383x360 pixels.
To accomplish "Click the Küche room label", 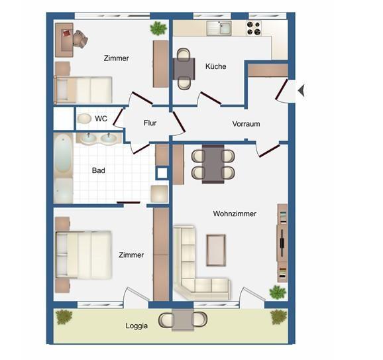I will pyautogui.click(x=215, y=66).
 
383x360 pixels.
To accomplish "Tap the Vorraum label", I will pyautogui.click(x=246, y=124).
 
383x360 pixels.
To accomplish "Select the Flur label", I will pyautogui.click(x=150, y=123).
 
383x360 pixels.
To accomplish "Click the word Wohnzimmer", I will pyautogui.click(x=235, y=213).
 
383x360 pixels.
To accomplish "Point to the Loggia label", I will pyautogui.click(x=137, y=326).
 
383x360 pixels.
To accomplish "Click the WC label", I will pyautogui.click(x=101, y=119).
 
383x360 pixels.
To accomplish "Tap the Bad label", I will pyautogui.click(x=98, y=170).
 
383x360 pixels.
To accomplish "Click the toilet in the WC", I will pyautogui.click(x=84, y=119).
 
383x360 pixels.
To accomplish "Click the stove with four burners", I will pyautogui.click(x=254, y=28).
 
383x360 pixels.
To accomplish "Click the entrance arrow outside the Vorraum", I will pyautogui.click(x=301, y=90).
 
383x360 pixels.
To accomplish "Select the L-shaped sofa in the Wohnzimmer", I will pyautogui.click(x=192, y=272).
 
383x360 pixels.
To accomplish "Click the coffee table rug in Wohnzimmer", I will pyautogui.click(x=216, y=249).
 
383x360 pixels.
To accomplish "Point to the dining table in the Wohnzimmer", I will pyautogui.click(x=213, y=164).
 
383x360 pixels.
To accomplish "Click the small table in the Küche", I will pyautogui.click(x=184, y=68).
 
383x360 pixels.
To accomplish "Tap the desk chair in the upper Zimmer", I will pyautogui.click(x=80, y=40).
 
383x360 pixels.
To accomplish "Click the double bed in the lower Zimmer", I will pyautogui.click(x=84, y=255).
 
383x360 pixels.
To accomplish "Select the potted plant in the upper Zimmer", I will pyautogui.click(x=158, y=28).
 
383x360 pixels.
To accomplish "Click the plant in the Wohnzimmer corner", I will pyautogui.click(x=278, y=292).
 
